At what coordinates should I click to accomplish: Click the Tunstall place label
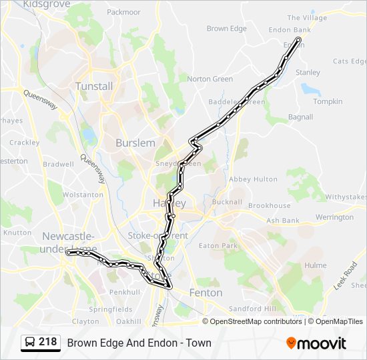click(94, 86)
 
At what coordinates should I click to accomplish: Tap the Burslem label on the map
click(135, 143)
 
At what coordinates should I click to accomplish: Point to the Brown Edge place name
click(226, 29)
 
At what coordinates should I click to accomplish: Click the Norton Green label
click(210, 79)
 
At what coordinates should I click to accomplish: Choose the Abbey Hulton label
click(253, 179)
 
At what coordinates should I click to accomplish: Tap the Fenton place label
click(206, 293)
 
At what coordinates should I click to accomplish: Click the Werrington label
click(334, 217)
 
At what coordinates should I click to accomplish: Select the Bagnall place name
click(300, 117)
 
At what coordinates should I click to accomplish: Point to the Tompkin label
click(328, 102)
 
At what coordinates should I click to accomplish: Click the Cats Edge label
click(350, 61)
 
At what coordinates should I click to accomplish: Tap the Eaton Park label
click(218, 246)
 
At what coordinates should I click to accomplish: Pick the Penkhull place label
click(125, 292)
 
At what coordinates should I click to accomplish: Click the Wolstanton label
click(83, 195)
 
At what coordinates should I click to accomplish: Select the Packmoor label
click(123, 12)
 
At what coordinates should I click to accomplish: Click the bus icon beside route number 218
click(30, 343)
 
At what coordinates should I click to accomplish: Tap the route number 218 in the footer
click(47, 343)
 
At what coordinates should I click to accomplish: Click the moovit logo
click(316, 343)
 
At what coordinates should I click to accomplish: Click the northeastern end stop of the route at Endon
click(298, 40)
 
